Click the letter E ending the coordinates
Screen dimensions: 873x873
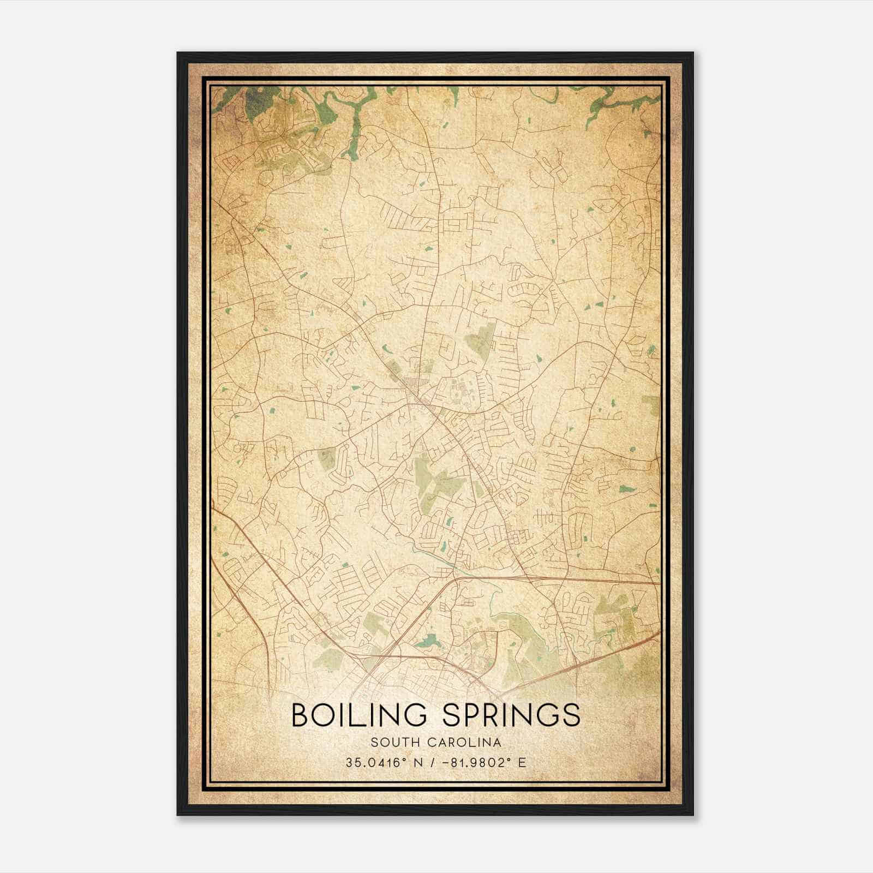pos(523,762)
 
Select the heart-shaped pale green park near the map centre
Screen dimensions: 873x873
pos(482,337)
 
